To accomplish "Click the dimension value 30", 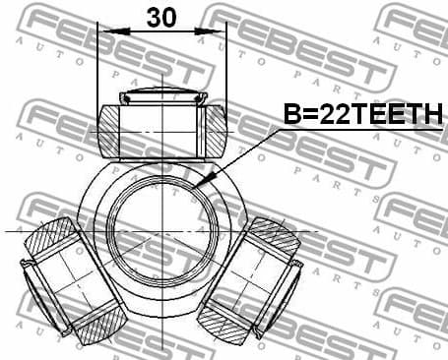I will [x=162, y=18].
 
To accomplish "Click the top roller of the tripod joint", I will [x=162, y=125].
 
